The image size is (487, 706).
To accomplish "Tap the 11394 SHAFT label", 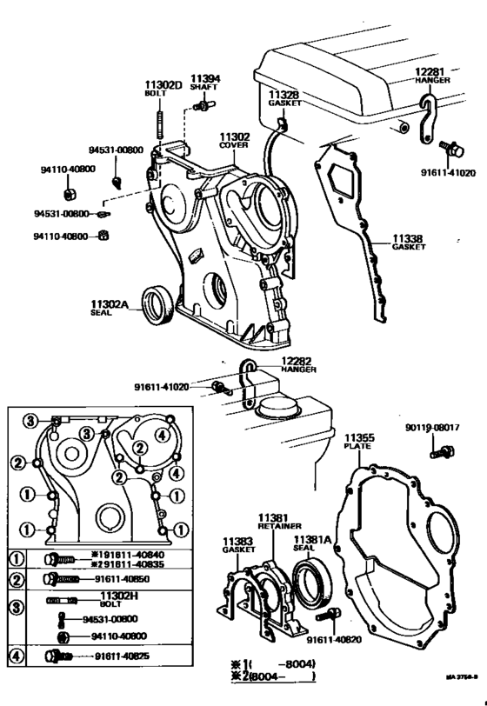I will (205, 83).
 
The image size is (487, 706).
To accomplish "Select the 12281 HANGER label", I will (429, 75).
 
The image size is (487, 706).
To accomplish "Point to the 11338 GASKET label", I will (408, 242).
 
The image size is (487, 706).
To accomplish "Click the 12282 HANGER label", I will (294, 364).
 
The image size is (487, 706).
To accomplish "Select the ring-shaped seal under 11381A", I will (310, 581).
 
